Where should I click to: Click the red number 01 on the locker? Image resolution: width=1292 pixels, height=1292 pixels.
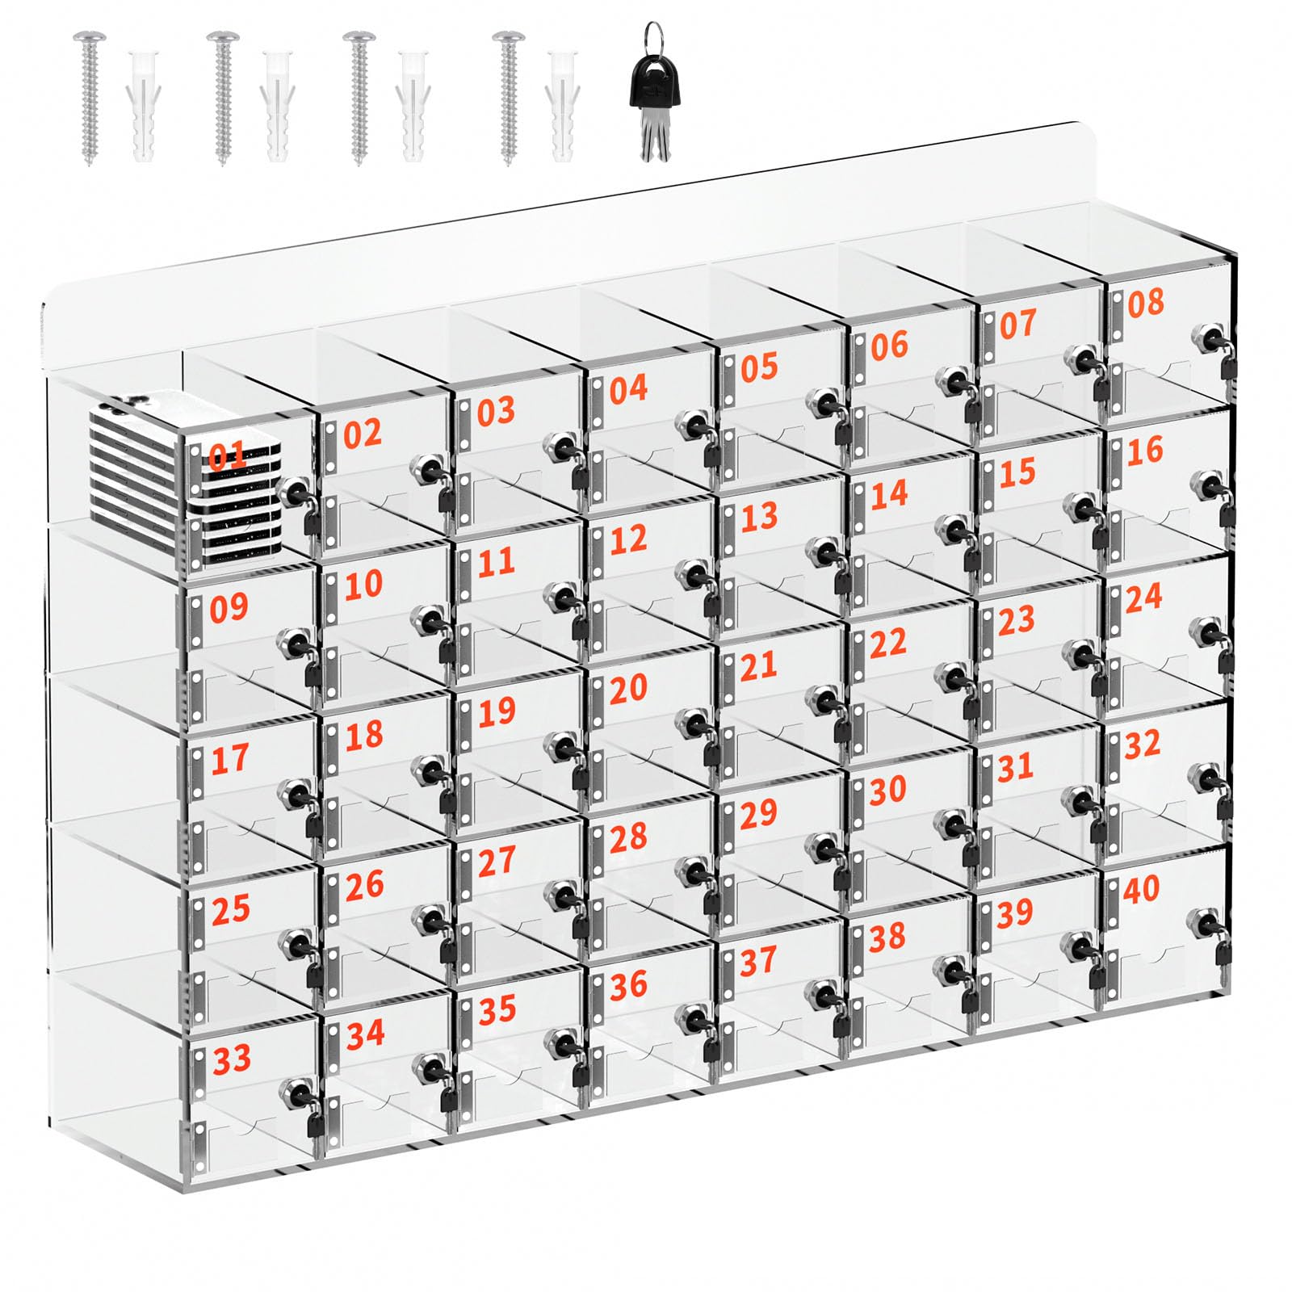tap(227, 457)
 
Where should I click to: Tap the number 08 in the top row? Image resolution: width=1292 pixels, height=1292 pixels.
tap(1146, 303)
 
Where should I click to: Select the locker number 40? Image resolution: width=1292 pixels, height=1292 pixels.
tap(1142, 889)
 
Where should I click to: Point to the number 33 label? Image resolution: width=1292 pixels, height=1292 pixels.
tap(232, 1059)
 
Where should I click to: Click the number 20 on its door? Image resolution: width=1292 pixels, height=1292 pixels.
tap(628, 689)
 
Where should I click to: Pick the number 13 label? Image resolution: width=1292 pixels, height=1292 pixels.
tap(759, 517)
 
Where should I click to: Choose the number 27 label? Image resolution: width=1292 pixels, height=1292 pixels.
tap(497, 861)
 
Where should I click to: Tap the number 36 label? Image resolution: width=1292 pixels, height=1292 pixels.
tap(628, 985)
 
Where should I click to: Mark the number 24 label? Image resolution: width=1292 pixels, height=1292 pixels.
tap(1143, 598)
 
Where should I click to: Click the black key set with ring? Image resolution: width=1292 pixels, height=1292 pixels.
tap(656, 93)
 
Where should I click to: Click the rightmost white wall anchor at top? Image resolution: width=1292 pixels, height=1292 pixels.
tap(561, 105)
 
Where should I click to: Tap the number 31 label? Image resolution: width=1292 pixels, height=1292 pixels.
tap(1015, 767)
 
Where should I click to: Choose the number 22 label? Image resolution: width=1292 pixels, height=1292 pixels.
tap(887, 644)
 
